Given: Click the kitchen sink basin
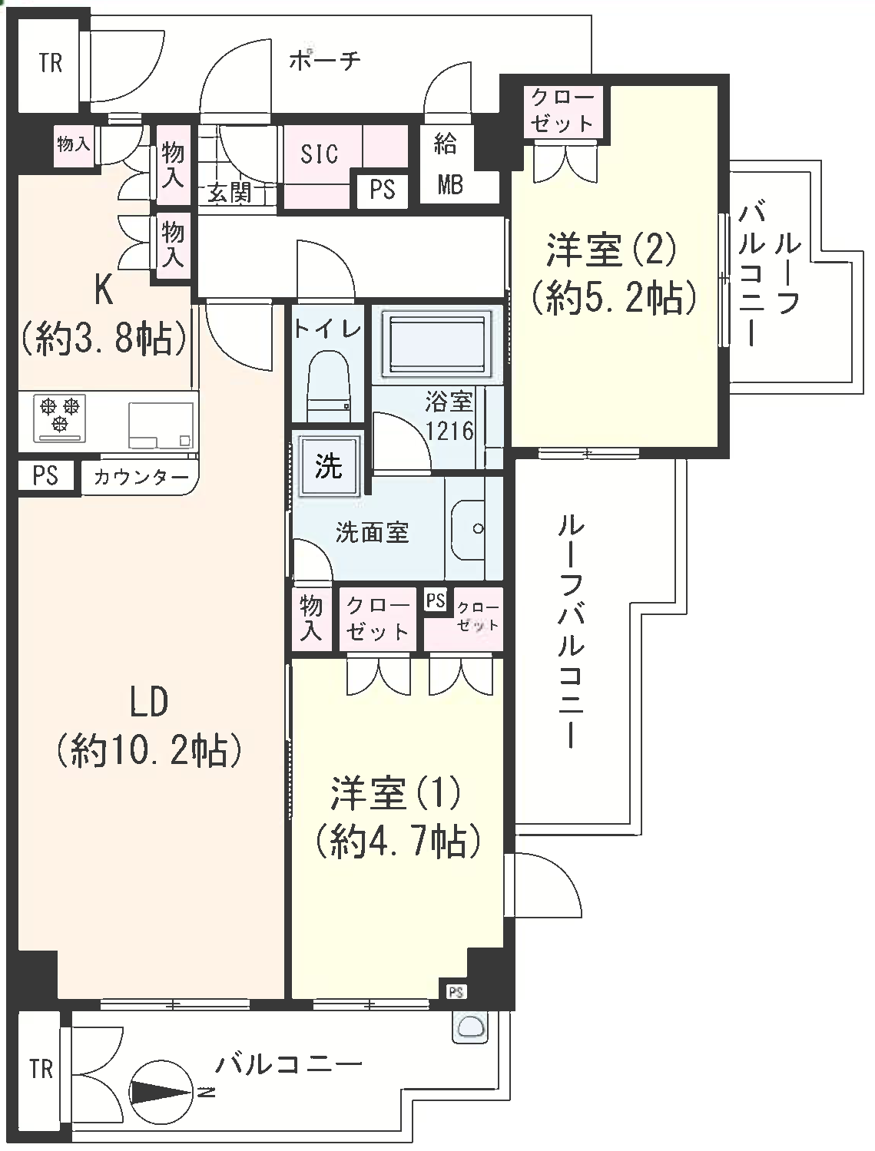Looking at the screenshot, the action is coord(161,425).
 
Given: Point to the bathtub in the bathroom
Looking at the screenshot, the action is coord(436,343).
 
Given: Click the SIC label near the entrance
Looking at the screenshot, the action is coord(319,154).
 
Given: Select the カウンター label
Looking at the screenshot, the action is coord(141,478).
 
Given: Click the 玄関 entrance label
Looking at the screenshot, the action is coord(229,193).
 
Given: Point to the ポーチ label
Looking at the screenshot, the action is coord(325,61).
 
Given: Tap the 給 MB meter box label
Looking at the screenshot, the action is coord(447,163).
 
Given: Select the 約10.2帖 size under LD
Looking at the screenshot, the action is coord(149,752).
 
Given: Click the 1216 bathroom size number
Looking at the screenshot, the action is coord(449,431).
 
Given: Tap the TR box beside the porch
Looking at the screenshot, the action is coord(51,64).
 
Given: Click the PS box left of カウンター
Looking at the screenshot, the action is coord(45,475).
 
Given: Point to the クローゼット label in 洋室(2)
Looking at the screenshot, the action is coord(562,111).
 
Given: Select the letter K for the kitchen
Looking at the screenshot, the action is coord(104,292).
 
